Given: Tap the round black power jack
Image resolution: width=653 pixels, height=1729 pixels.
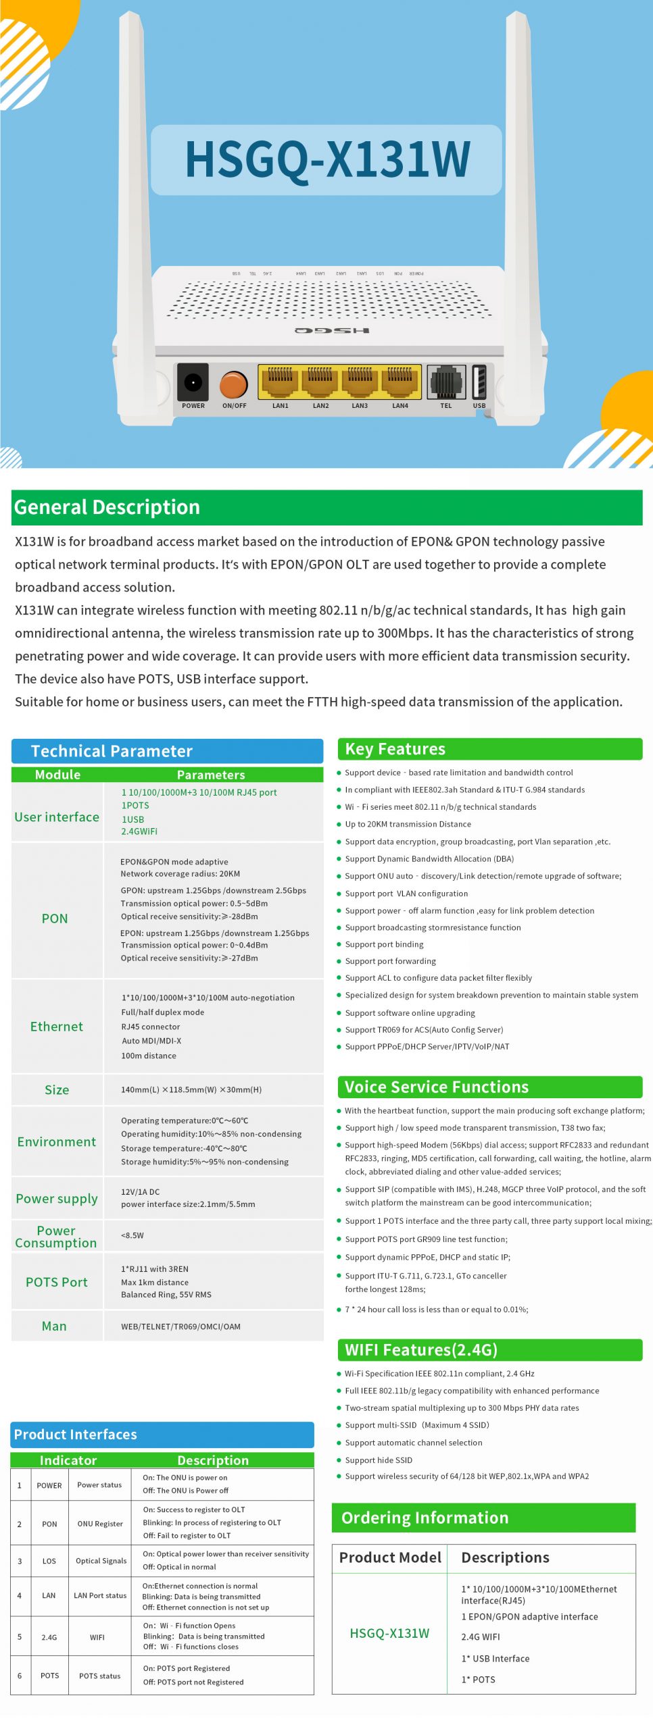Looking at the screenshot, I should coord(193,382).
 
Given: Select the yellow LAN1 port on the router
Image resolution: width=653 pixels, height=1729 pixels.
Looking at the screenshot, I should coord(280,382).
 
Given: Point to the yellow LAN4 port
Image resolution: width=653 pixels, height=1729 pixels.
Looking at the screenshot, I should coord(400,382).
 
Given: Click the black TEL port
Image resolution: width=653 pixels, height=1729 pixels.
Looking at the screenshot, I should coord(445,382).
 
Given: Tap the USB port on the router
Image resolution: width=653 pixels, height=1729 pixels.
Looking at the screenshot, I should coord(479,382).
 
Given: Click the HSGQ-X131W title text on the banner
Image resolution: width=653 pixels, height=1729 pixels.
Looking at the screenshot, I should coord(327,159).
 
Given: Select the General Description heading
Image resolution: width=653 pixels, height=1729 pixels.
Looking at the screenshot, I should coord(107,507).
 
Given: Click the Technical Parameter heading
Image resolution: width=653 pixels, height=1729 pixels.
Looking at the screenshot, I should coord(112,751).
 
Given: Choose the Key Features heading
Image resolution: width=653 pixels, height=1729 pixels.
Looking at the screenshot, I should coord(395,749).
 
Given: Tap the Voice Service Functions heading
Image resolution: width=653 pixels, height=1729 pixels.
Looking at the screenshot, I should coord(437,1087).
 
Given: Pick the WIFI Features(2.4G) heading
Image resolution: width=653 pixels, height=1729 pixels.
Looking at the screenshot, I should coord(421,1349).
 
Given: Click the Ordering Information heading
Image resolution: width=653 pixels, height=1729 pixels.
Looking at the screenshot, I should coord(425,1518).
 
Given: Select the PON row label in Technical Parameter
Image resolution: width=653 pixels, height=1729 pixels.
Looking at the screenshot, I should coord(55,919).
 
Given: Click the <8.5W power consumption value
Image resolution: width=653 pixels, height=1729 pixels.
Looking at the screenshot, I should coord(132,1235).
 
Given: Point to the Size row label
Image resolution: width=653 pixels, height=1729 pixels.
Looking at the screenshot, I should coord(57,1089).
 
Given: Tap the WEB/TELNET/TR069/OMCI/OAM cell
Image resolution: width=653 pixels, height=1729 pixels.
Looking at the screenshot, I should coord(180,1326).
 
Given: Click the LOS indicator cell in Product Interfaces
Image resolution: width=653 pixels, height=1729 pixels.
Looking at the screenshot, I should coord(49,1561).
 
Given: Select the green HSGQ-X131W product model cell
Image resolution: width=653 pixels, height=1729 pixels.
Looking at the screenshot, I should coord(389,1633).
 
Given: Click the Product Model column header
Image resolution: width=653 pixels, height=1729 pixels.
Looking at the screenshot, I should coord(390,1557).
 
